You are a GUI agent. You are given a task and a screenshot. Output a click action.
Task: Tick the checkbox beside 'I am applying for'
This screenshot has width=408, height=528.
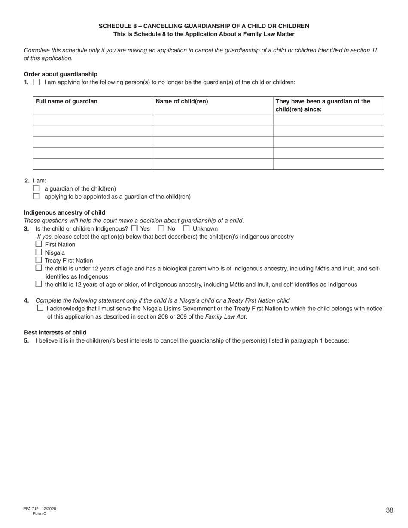point(36,82)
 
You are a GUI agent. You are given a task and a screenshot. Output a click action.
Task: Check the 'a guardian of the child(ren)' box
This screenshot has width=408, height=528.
point(36,188)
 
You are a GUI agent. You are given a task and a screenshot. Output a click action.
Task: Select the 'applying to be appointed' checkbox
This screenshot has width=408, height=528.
point(36,197)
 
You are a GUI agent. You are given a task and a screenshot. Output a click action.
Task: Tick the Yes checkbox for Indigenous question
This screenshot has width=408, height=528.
point(134,228)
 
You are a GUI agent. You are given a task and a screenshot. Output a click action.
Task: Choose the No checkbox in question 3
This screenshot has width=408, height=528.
point(161,228)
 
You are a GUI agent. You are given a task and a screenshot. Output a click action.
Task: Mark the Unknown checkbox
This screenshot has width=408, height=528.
point(186,228)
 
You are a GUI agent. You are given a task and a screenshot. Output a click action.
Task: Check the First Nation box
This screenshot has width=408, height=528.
point(39,244)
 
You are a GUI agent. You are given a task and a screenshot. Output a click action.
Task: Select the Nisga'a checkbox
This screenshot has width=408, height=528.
point(39,252)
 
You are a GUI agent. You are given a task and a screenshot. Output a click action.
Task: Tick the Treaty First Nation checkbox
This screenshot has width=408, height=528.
point(39,260)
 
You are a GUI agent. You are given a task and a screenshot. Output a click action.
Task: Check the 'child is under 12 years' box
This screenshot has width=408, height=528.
point(39,268)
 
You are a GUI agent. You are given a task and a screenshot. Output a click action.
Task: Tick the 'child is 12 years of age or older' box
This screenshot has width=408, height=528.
point(39,284)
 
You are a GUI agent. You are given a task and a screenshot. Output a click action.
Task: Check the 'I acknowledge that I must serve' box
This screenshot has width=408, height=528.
point(40,308)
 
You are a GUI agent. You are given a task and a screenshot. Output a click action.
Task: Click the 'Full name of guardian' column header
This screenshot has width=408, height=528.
point(67,102)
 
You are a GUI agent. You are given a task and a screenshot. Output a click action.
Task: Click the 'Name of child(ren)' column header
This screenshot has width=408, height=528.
point(182,102)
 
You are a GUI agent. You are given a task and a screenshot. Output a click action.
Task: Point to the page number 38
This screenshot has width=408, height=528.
point(390,510)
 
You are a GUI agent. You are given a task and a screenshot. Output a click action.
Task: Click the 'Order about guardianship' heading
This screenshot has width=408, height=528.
point(61,74)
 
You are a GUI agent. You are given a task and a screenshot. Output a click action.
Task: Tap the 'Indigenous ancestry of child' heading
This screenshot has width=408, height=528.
point(64,212)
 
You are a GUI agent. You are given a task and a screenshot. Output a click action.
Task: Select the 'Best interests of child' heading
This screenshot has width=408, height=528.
point(55,333)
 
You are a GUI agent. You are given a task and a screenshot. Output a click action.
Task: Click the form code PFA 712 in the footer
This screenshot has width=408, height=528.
point(31,509)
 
